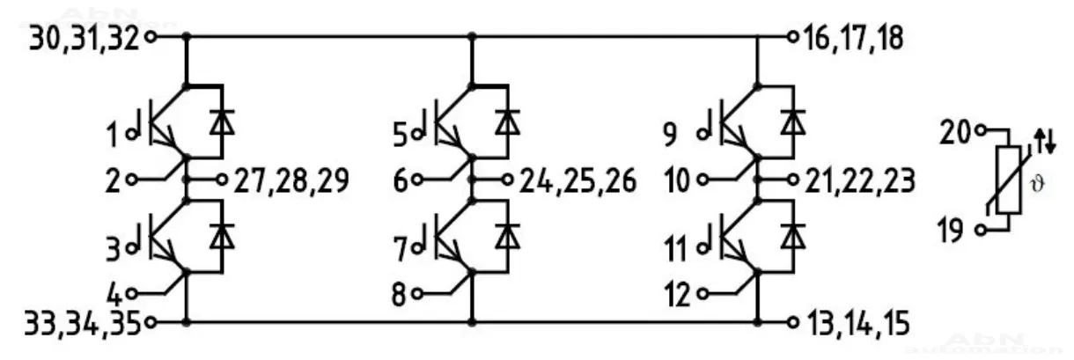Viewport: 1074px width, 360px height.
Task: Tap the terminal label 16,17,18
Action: [x=851, y=39]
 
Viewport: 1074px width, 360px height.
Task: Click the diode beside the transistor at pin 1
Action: [x=220, y=122]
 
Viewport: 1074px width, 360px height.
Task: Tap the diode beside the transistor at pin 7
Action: [x=506, y=237]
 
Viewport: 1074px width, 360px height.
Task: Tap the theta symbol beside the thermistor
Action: [x=1047, y=186]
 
